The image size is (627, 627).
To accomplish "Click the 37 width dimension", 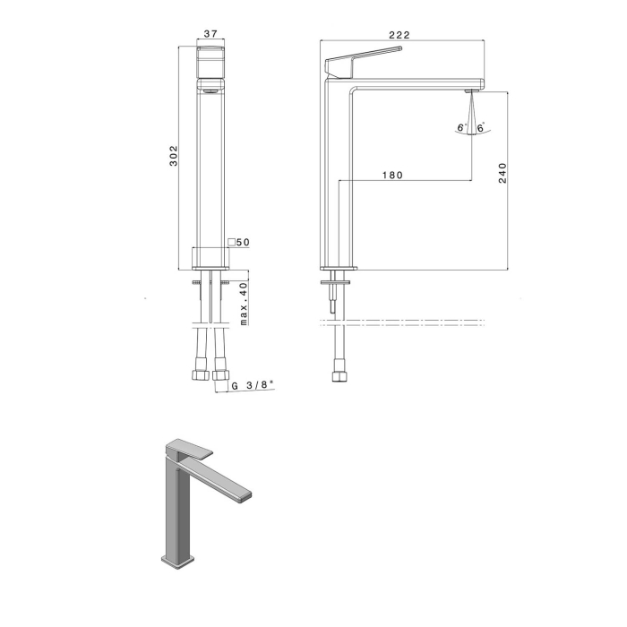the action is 210,34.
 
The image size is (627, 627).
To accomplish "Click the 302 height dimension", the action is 174,156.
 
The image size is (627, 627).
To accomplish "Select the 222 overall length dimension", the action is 399,35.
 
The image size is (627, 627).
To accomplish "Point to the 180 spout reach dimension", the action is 392,176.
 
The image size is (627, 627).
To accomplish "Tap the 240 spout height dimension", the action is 502,173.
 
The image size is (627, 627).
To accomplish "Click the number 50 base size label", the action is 243,243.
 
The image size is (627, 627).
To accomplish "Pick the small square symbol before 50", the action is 231,243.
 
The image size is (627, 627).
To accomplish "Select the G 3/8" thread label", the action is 253,385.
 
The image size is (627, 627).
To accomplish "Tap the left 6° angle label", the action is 462,127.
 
